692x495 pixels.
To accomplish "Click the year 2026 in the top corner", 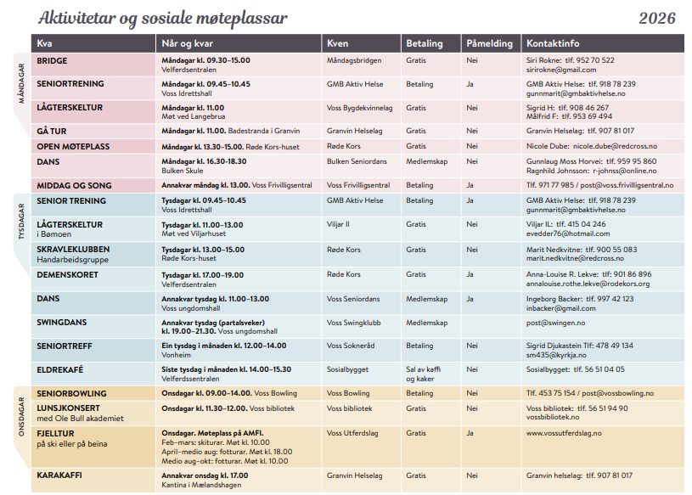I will pos(657,19).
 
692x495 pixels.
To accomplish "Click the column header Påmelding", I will pos(489,43).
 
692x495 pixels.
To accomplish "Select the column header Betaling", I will pos(424,43).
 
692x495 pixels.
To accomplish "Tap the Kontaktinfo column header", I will pos(553,43).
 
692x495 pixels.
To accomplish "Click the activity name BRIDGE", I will pos(52,61).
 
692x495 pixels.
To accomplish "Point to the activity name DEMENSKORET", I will pos(67,275).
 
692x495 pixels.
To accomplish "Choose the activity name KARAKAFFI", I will pos(59,476).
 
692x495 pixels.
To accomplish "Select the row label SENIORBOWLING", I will pos(71,394).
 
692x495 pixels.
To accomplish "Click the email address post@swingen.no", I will pos(555,323).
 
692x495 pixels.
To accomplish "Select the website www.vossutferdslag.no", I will pos(564,433).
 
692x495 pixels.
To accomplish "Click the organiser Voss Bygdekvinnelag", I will pos(360,109).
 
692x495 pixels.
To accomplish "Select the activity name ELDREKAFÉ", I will pos(61,370).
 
